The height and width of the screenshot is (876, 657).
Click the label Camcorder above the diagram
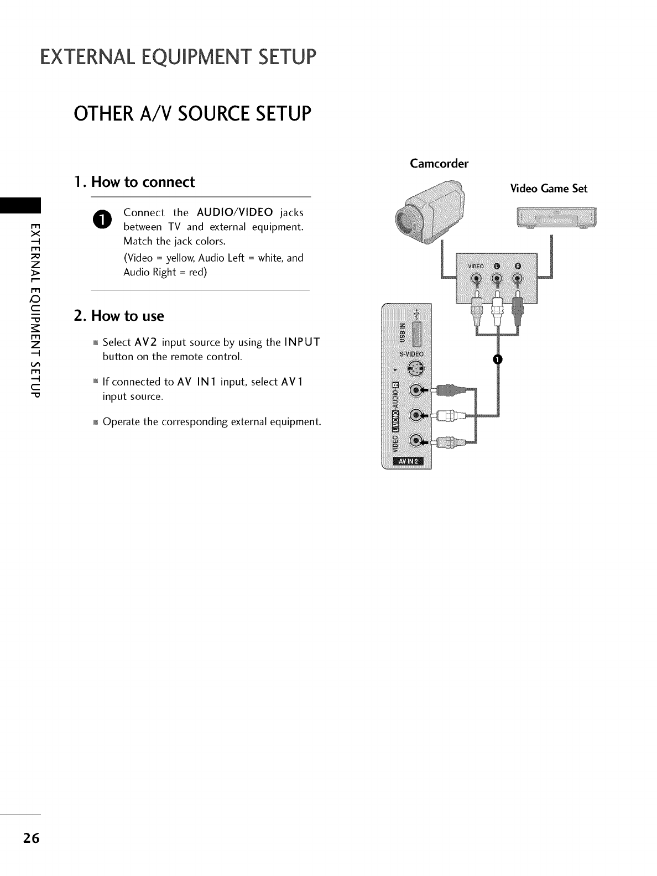(439, 164)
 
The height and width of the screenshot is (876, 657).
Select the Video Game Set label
(548, 189)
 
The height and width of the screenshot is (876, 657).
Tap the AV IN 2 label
(407, 462)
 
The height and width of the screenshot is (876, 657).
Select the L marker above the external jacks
(497, 265)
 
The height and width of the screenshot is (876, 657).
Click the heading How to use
(119, 316)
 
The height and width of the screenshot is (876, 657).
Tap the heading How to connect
(134, 182)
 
